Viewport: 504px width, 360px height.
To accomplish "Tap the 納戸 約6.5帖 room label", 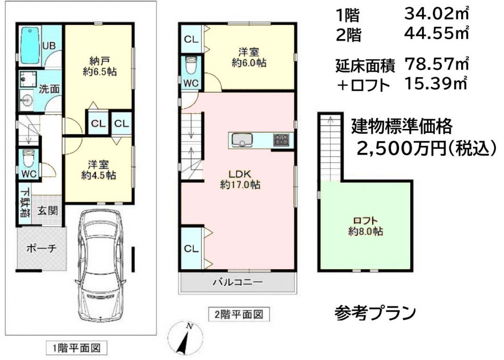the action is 99,66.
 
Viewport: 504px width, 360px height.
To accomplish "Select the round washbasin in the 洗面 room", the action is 27,100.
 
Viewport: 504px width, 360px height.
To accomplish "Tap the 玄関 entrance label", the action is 47,210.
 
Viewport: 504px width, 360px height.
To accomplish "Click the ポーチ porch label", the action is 42,249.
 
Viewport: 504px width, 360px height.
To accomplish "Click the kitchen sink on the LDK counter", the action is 242,140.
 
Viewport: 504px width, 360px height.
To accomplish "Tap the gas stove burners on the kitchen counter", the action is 281,139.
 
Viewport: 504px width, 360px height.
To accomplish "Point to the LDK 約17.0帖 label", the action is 240,179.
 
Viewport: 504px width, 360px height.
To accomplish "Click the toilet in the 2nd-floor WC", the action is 191,65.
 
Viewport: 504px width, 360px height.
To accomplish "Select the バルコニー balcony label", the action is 238,282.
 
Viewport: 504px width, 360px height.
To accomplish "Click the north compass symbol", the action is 185,339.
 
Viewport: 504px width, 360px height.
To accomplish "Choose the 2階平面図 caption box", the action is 239,314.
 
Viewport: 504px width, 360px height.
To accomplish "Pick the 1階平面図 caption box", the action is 76,348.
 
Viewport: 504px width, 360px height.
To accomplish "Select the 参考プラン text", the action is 375,313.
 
